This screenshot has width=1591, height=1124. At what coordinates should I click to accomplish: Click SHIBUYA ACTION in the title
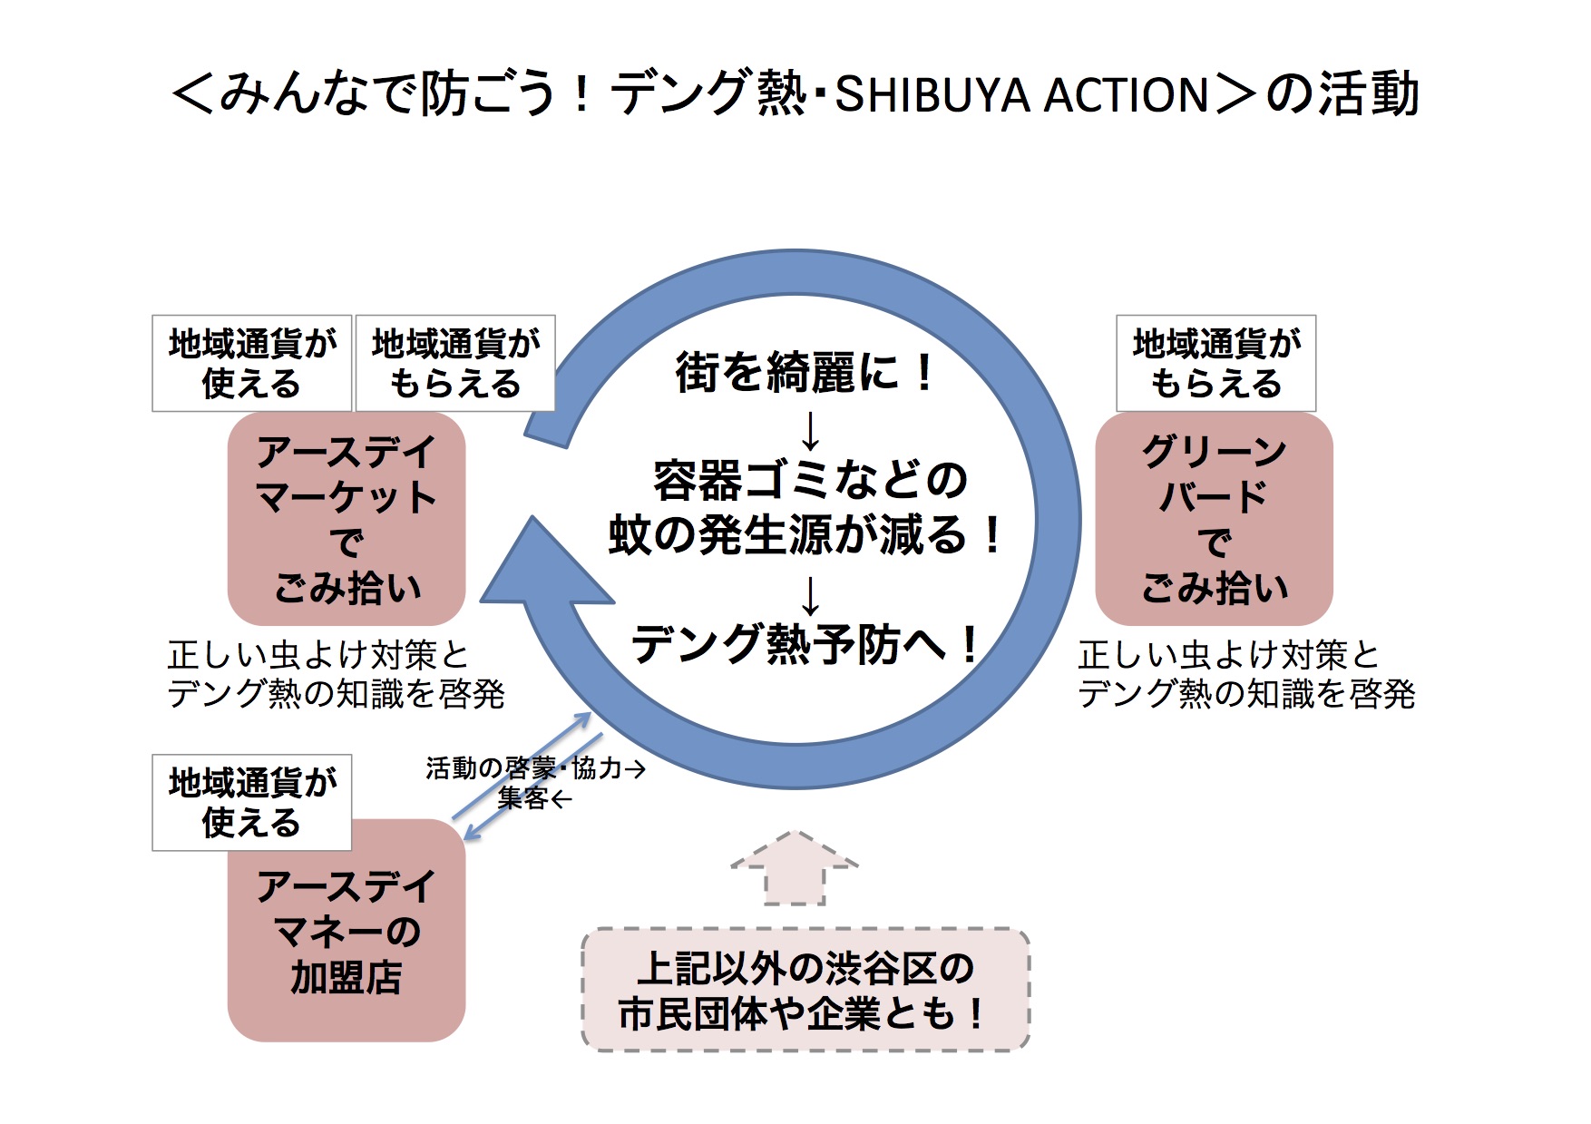coord(1021,95)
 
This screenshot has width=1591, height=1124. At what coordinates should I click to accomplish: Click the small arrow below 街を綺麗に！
coord(810,431)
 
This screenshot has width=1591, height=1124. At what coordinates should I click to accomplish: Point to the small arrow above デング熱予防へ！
coord(810,596)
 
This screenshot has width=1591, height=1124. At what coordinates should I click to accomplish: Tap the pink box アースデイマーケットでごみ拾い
coord(346,519)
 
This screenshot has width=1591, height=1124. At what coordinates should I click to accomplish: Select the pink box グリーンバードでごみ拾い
coord(1214,519)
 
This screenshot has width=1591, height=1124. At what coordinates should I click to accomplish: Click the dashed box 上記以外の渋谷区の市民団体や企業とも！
coord(805,990)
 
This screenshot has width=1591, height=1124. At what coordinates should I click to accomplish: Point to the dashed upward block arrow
coord(795,868)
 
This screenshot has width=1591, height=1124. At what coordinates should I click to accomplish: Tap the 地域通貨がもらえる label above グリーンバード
coord(1215,364)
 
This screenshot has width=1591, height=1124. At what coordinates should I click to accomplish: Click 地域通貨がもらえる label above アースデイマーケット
coord(455,364)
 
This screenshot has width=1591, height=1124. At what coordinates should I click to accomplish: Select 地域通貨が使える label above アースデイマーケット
coord(251,364)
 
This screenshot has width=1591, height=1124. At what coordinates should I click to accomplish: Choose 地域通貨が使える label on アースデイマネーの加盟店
coord(251,802)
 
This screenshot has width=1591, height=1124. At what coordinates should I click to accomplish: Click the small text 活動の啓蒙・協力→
coord(535,768)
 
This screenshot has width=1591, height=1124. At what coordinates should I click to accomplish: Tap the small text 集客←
coord(534,798)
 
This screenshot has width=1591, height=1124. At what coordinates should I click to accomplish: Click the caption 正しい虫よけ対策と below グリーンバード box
coord(1228,655)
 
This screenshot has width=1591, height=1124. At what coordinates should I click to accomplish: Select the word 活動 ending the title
coord(1369,95)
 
